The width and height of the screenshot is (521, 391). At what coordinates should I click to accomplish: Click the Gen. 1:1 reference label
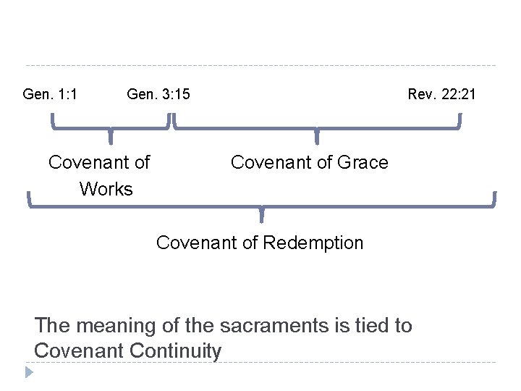click(51, 94)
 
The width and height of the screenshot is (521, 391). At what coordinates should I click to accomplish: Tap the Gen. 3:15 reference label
click(158, 94)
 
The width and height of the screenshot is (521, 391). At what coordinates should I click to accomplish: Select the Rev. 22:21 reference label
click(441, 94)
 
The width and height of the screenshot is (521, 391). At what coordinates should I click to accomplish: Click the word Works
click(106, 190)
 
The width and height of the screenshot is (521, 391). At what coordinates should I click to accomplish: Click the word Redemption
click(313, 243)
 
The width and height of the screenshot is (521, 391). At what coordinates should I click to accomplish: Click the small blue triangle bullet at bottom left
click(28, 372)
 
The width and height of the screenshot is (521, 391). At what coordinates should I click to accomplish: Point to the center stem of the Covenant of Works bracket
click(110, 137)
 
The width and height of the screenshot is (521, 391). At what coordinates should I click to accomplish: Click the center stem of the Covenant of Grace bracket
click(316, 137)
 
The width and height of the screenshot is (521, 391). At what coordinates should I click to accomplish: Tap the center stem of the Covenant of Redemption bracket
click(261, 214)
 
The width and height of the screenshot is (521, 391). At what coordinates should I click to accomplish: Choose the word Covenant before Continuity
click(78, 351)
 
